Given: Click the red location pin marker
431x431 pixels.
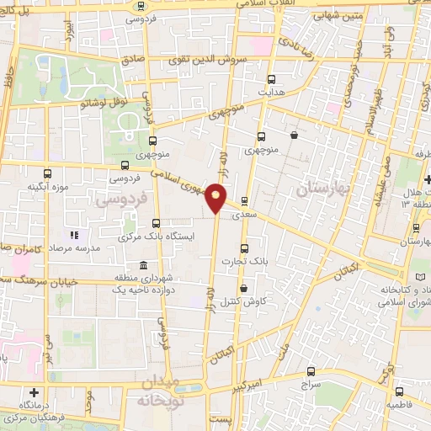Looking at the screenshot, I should [x=216, y=197].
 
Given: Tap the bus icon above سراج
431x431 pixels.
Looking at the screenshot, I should [x=311, y=371].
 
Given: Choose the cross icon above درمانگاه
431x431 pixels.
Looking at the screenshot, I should [x=33, y=392].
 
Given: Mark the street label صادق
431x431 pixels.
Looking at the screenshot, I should [x=131, y=61].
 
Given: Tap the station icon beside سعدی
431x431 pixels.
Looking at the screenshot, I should [x=244, y=201].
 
